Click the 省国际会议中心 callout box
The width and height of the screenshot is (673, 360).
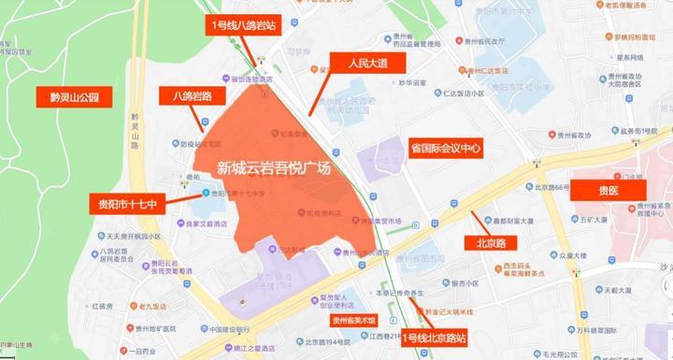tap(445, 148)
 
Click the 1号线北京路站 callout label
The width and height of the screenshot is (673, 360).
tap(433, 338)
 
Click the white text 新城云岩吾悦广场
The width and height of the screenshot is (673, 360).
tap(274, 169)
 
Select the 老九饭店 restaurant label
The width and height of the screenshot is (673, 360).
tap(150, 306)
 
